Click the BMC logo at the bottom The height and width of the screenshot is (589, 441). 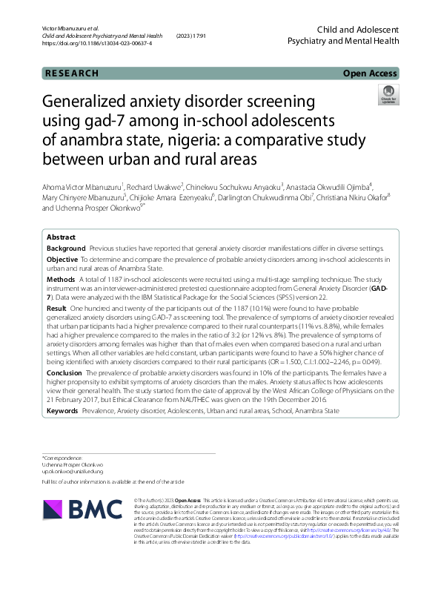(84, 508)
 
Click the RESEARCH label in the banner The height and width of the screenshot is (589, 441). (71, 73)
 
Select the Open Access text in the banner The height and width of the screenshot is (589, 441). (371, 73)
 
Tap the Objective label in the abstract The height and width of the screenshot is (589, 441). (62, 259)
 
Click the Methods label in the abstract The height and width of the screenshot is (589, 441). (61, 279)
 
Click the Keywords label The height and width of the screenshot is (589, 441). (62, 410)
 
